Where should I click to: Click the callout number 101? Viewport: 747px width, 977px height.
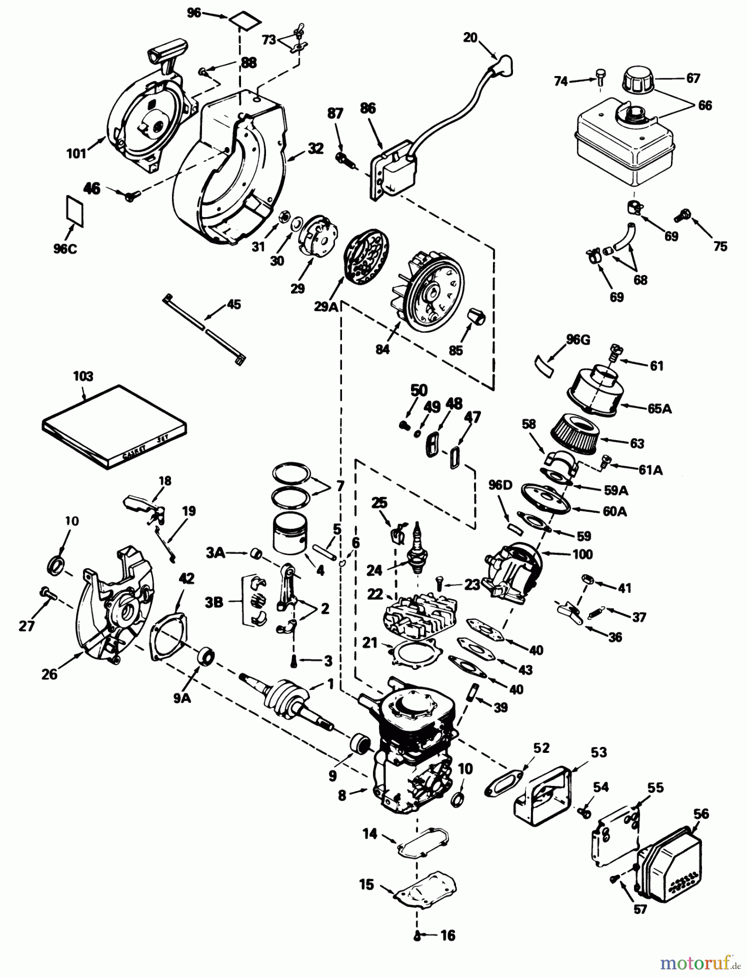pos(77,154)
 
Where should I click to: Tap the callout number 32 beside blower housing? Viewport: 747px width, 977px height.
pos(316,149)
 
